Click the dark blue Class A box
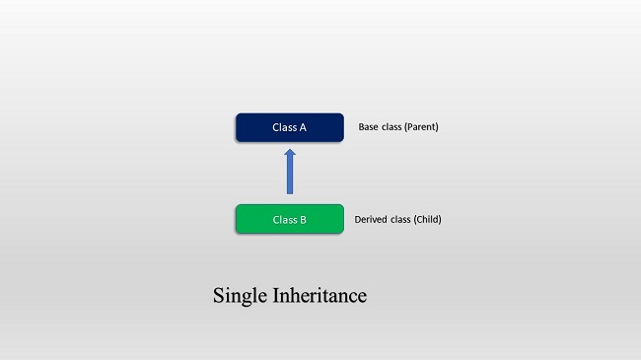tap(289, 127)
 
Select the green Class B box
tap(289, 219)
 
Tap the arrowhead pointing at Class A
tap(290, 155)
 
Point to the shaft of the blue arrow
tap(290, 178)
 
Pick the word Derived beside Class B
tap(372, 219)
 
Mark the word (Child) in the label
tap(426, 219)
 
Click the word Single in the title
tap(236, 296)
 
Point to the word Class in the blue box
tap(284, 127)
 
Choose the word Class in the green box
tap(284, 219)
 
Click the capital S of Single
tap(218, 296)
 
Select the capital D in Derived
tap(358, 219)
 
